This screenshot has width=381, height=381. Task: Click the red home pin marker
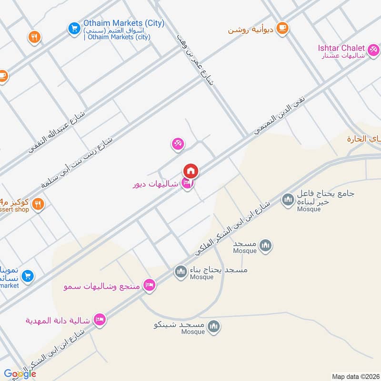[190, 170]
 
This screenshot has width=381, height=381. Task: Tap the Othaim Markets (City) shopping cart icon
[74, 28]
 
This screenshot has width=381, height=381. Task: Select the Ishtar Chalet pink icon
[374, 49]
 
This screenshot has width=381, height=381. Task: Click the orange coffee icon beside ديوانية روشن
[282, 28]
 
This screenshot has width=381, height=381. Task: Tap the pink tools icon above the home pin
[178, 143]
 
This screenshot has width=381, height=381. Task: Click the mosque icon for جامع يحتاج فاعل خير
[288, 200]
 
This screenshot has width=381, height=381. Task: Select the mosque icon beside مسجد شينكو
[214, 326]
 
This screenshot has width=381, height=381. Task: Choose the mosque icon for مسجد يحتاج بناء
[180, 272]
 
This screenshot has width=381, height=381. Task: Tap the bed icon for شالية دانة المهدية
[100, 320]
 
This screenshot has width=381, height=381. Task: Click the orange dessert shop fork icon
[38, 205]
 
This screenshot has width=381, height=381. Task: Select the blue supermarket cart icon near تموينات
[27, 275]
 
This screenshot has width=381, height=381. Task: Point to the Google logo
[20, 374]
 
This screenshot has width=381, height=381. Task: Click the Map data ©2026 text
[355, 376]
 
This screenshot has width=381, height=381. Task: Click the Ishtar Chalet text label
[341, 48]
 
